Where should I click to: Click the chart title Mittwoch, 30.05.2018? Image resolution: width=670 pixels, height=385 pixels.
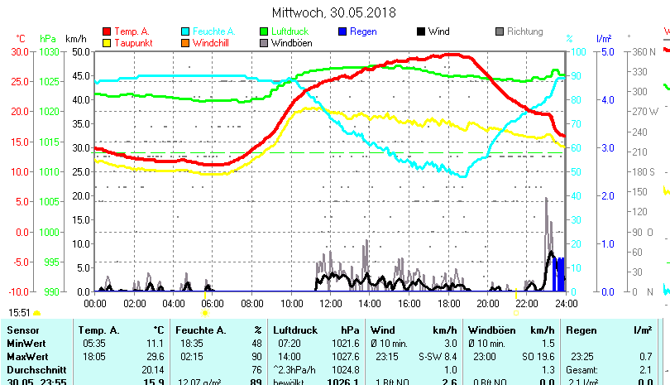coord(334,12)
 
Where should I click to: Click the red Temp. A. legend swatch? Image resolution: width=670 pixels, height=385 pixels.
coord(107,31)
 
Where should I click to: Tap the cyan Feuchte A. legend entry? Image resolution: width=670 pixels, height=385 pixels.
coord(208,31)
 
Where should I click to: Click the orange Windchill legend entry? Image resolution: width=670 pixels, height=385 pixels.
coord(212,43)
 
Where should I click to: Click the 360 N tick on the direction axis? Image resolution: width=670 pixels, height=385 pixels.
coord(644,51)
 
